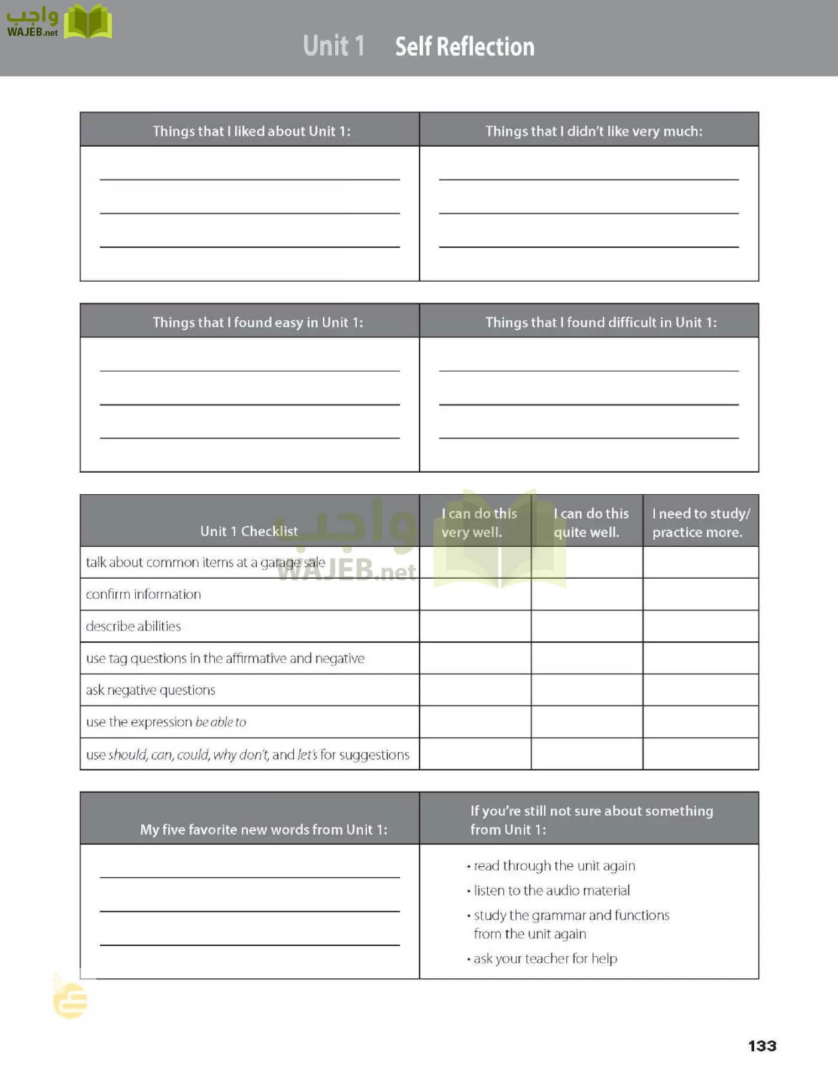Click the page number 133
coord(762,1046)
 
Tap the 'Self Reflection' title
coord(464,47)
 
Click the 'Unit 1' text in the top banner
coord(333,46)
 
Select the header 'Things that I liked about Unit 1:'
coord(251,131)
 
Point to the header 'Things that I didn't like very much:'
coord(594,131)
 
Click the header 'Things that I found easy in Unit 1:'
coord(257,323)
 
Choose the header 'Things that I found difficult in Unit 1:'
coord(601,323)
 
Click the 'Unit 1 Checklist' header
coord(248,531)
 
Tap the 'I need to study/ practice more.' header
coord(700,522)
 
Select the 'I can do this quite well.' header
coord(590,522)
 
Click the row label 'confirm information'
coord(144,594)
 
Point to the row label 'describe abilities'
coord(133,626)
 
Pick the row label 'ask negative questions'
coord(150,690)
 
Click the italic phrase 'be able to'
coord(221,722)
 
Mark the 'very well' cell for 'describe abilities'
coord(475,626)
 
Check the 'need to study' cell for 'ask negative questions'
coord(700,690)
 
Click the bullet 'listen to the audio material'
coord(551,890)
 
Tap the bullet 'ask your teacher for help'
coord(545,959)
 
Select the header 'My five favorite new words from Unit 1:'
coord(263,829)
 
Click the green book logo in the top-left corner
coord(88,22)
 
